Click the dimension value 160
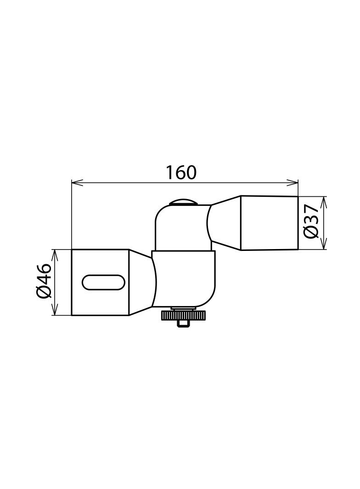point(181,172)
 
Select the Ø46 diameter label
point(44,281)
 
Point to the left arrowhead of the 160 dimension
point(76,183)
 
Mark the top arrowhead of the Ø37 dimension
point(325,200)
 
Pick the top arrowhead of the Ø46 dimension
point(55,254)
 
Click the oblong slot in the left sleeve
point(103,282)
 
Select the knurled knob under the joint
point(183,316)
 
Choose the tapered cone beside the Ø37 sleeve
point(225,223)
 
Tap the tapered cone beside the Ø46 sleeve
point(141,282)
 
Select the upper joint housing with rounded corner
point(181,227)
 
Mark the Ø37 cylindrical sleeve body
point(269,223)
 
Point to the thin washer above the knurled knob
point(183,309)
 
